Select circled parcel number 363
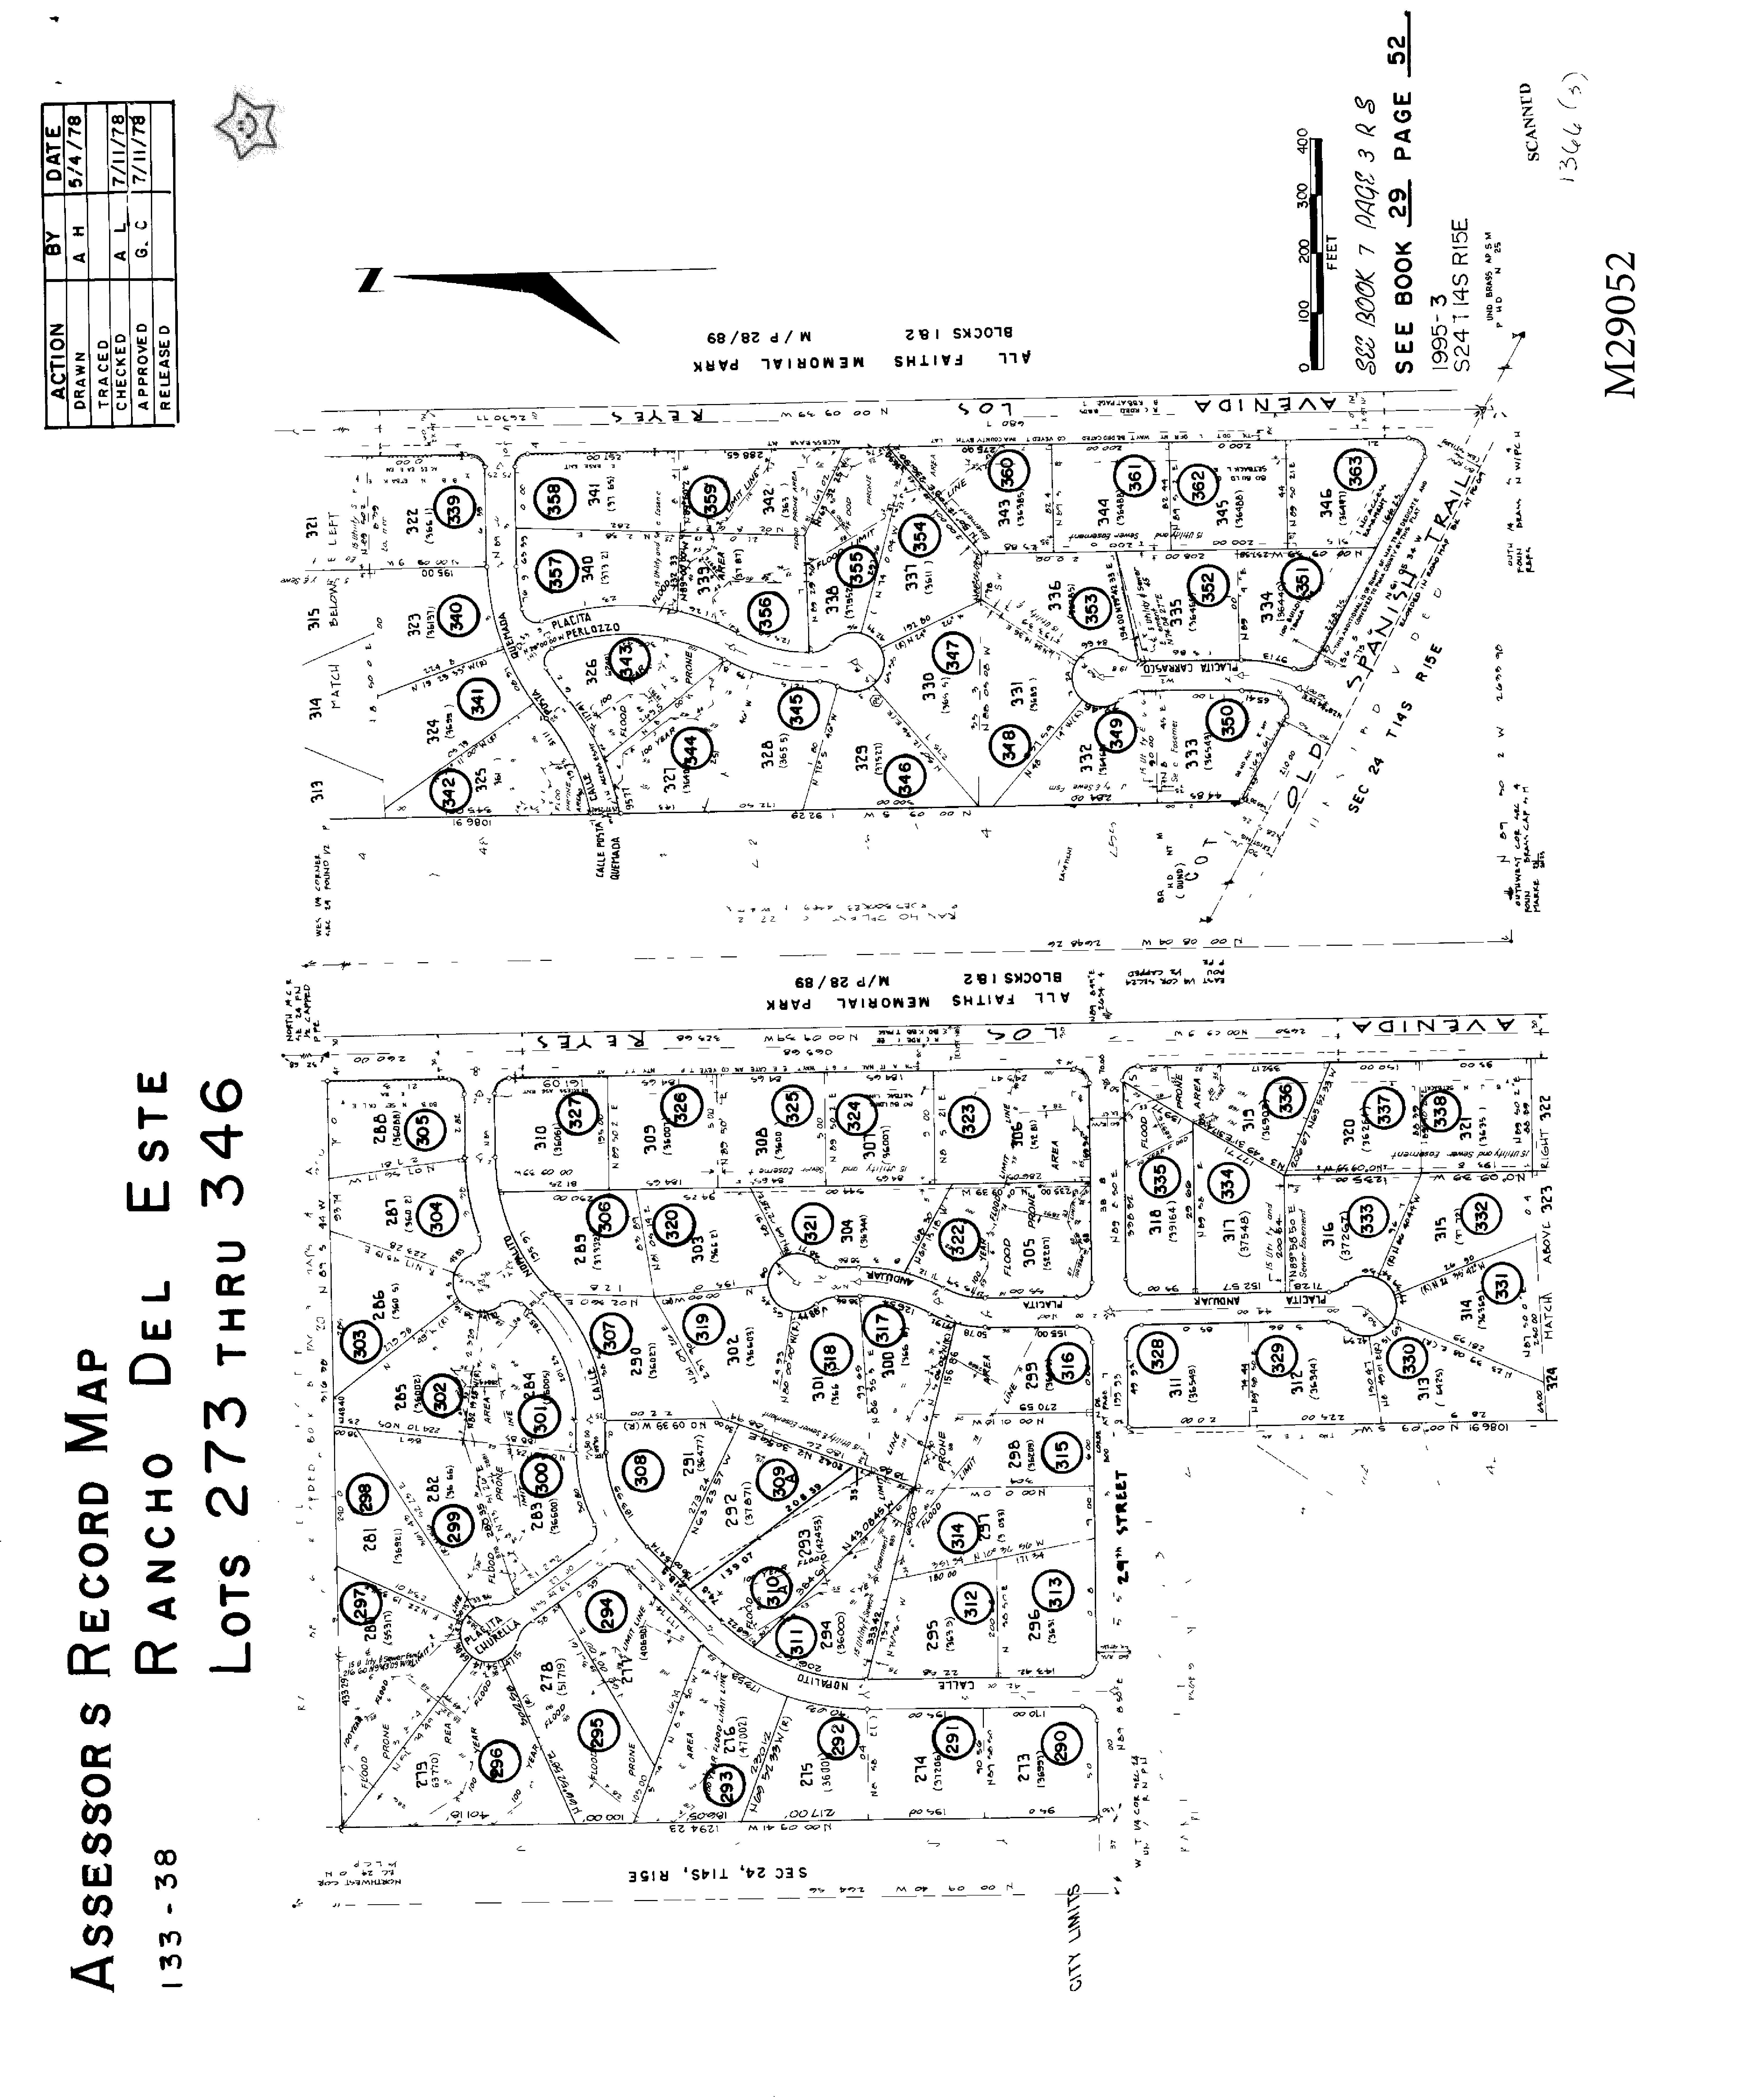[1355, 470]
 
